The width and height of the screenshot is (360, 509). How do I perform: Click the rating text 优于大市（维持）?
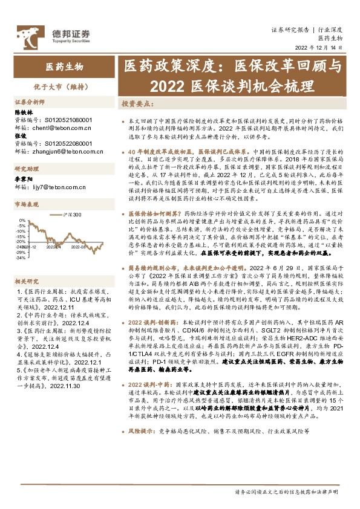point(62,87)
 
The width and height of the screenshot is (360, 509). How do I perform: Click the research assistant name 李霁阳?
point(22,181)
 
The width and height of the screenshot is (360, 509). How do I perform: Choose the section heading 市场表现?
point(27,205)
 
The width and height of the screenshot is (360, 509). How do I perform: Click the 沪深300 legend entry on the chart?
point(74,214)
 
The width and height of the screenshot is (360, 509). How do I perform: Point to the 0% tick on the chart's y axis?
point(22,219)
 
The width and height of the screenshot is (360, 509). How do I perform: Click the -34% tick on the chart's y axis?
point(21,258)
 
